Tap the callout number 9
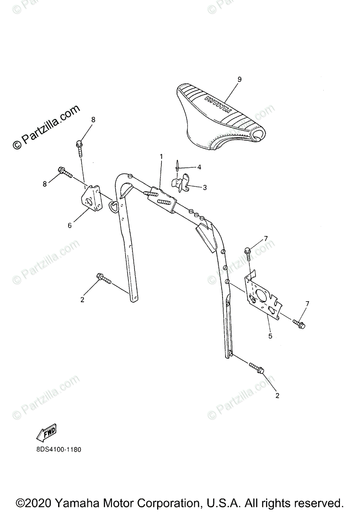pyautogui.click(x=240, y=79)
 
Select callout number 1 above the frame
pyautogui.click(x=161, y=157)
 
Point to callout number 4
pyautogui.click(x=199, y=167)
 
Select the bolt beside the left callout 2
pyautogui.click(x=103, y=279)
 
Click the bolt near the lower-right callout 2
pyautogui.click(x=256, y=368)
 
